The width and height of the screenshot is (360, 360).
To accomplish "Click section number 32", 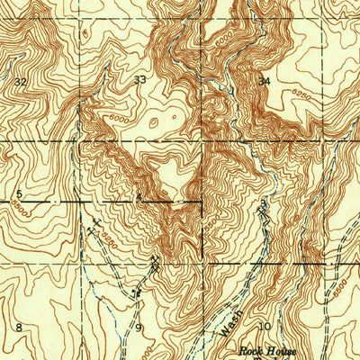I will pos(20,81).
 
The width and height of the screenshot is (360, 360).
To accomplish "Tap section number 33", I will pos(139,80).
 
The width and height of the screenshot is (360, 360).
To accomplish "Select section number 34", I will pos(264,81).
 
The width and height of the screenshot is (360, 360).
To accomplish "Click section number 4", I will pos(139,195).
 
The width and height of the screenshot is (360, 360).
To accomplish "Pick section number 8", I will pos(18,326).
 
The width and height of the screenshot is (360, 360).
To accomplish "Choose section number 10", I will pos(265,326).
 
